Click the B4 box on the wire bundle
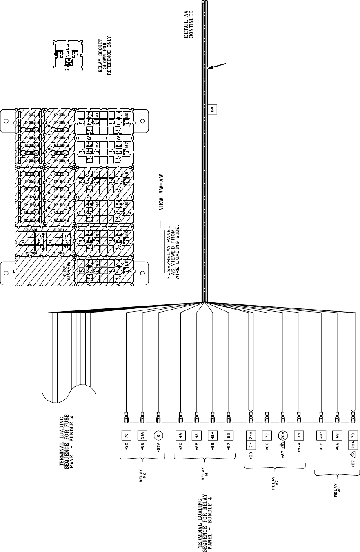212,110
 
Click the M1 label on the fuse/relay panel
97,115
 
